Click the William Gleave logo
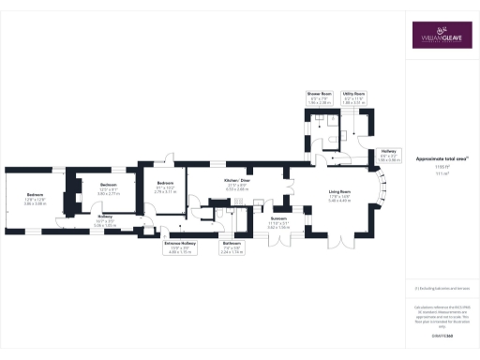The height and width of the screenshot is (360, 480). point(440,36)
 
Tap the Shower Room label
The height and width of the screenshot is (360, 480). point(321,94)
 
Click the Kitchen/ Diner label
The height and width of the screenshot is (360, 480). point(235,180)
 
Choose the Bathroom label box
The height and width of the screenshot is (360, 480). point(232,248)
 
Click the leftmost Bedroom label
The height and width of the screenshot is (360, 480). point(35,196)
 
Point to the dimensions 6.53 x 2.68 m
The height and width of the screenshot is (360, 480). point(235,189)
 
